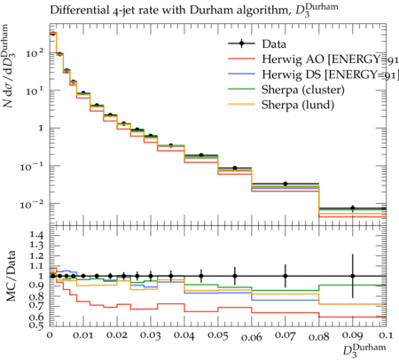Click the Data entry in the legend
click(274, 44)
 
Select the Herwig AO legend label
click(330, 59)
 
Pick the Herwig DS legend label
click(330, 74)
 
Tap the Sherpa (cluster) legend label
click(303, 90)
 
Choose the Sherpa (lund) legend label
click(298, 105)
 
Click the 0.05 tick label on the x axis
click(218, 336)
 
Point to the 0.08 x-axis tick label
click(319, 337)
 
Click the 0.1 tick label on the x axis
click(387, 335)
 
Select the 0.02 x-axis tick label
click(117, 335)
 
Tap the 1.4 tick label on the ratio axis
click(36, 236)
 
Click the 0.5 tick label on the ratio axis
click(36, 325)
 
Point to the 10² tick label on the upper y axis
click(35, 53)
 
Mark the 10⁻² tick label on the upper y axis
click(32, 204)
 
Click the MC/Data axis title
click(11, 277)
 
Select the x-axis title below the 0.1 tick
click(364, 350)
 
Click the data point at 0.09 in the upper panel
click(353, 207)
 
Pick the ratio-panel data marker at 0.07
click(286, 276)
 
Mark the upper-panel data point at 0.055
click(235, 168)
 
